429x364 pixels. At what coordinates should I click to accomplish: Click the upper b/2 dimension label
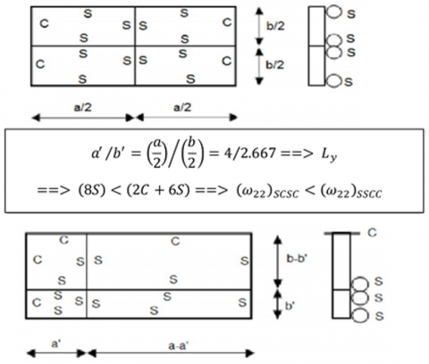point(275,26)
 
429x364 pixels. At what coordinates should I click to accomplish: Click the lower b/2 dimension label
point(275,64)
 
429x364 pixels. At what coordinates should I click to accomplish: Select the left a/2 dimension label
point(82,107)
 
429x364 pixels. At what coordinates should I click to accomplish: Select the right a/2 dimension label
point(182,107)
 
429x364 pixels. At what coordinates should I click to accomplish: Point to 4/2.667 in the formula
point(242,153)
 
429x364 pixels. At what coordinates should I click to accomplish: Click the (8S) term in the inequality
point(92,191)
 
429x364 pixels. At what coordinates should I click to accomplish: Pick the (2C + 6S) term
point(158,191)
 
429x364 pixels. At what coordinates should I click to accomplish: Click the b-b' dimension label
point(297,259)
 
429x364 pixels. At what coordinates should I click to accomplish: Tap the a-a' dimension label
point(179,346)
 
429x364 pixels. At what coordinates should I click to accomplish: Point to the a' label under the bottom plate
point(56,343)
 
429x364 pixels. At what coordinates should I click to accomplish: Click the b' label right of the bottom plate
point(290,306)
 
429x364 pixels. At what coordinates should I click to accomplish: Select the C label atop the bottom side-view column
point(372,233)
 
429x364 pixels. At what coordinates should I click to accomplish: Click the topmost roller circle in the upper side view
point(333,12)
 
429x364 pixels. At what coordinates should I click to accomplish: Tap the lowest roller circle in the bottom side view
point(360,315)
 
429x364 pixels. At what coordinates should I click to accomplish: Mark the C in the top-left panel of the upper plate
point(44,23)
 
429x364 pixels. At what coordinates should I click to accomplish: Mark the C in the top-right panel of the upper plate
point(227,22)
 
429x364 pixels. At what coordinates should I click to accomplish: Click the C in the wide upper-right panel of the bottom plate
point(175,241)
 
